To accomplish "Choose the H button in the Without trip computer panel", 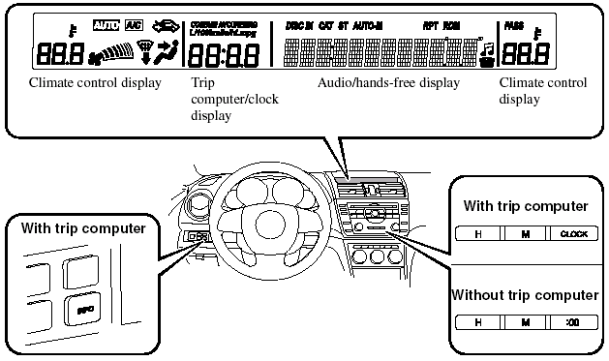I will click(x=478, y=321).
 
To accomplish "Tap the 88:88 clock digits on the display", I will click(x=223, y=53).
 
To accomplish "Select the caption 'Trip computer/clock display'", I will click(x=225, y=99).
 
